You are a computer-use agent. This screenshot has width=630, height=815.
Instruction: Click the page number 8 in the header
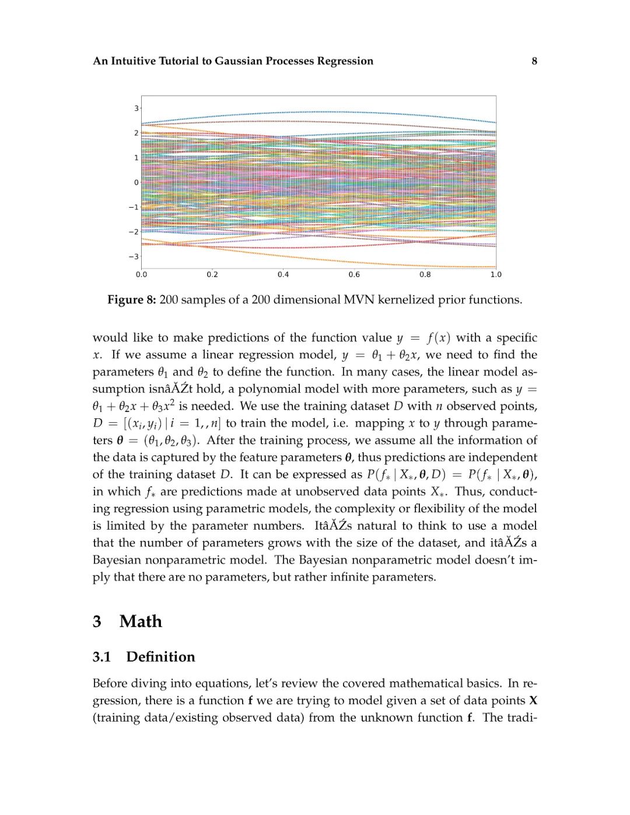[534, 61]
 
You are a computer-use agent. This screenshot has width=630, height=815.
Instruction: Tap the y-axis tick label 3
[136, 109]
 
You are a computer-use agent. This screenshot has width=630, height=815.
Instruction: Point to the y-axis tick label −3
[134, 257]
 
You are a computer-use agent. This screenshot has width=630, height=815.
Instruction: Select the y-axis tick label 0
[136, 183]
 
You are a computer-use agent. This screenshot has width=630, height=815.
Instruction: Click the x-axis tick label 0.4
[283, 275]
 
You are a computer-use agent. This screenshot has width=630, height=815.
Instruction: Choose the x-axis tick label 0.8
[425, 275]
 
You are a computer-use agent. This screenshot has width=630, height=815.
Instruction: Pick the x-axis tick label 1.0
[495, 275]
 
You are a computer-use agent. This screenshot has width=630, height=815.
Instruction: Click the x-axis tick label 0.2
[212, 275]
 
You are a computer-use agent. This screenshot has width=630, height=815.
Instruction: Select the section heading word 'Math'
[141, 621]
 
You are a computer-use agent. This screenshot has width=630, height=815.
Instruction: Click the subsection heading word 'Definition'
[160, 657]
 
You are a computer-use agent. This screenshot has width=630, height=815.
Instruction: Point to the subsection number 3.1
[101, 657]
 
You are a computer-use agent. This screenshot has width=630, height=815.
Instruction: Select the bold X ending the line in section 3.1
[533, 701]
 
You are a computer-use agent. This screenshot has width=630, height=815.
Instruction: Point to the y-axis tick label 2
[136, 133]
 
